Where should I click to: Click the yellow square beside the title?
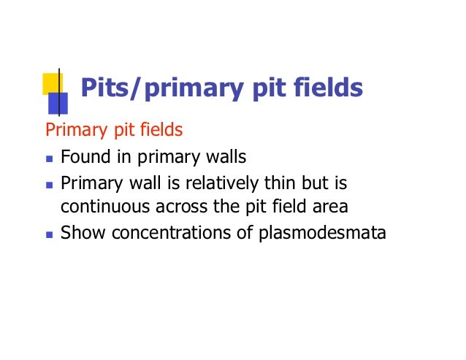point(51,83)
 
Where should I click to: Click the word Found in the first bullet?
point(82,157)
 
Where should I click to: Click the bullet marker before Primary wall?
point(49,184)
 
